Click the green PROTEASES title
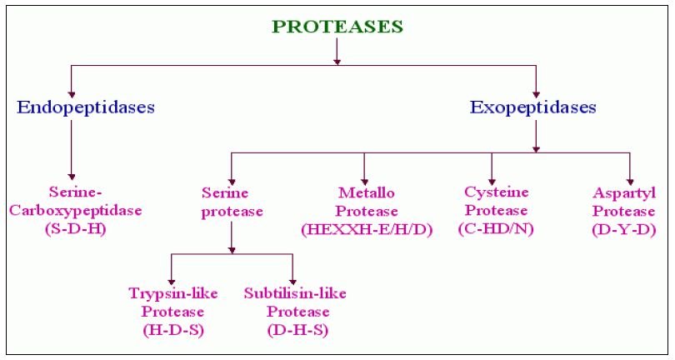[x=337, y=27]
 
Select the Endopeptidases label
[x=86, y=107]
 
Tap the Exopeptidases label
[x=533, y=107]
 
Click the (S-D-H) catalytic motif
[x=75, y=229]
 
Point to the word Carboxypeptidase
[x=75, y=211]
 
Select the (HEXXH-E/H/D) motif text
[x=367, y=229]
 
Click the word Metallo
[x=367, y=192]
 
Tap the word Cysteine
[x=497, y=192]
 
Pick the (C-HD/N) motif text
[x=496, y=228]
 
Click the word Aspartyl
[x=624, y=193]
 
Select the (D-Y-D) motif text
[x=624, y=229]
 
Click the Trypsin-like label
[x=173, y=293]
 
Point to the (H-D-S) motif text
[x=173, y=330]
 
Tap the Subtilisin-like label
[x=295, y=293]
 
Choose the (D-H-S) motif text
[x=297, y=330]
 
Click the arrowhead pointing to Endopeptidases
[x=72, y=95]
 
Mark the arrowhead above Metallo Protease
[x=365, y=182]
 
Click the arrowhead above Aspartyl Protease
[x=630, y=182]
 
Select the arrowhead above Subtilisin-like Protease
[x=292, y=282]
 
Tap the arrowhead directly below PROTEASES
[x=337, y=62]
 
